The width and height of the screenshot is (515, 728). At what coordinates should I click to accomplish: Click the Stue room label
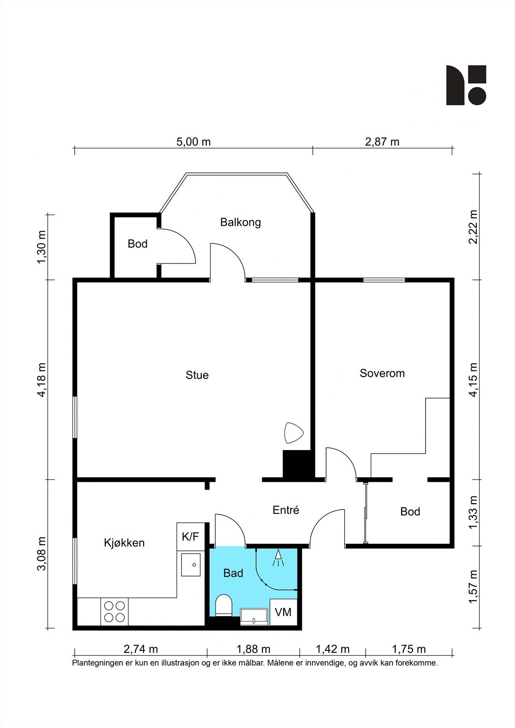click(x=197, y=375)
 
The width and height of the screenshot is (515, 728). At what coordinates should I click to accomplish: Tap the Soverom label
click(x=382, y=373)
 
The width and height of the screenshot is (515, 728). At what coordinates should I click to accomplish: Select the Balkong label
click(x=240, y=222)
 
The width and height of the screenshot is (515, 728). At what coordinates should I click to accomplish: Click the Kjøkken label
click(x=124, y=543)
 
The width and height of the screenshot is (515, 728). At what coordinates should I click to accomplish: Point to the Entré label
click(x=286, y=510)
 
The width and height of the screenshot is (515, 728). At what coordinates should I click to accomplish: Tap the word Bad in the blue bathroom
click(x=233, y=573)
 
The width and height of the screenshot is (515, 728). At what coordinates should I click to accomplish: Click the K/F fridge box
click(x=191, y=536)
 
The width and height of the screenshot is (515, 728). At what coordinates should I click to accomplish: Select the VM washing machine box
click(x=283, y=612)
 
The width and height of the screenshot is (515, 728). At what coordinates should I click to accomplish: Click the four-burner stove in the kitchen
click(x=114, y=612)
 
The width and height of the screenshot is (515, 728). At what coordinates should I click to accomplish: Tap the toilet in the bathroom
click(x=223, y=606)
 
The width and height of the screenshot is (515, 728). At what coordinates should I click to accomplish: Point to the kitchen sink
click(x=191, y=565)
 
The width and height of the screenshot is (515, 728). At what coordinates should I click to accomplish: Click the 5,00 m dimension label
click(x=194, y=142)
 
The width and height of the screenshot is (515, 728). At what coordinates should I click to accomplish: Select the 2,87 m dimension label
click(x=382, y=142)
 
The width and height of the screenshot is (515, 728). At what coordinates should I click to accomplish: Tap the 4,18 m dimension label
click(x=42, y=379)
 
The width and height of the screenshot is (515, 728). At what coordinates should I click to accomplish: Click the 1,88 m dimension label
click(x=254, y=649)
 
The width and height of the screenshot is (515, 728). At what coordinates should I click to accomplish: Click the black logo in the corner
click(x=466, y=85)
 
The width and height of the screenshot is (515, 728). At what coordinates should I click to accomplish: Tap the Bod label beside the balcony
click(x=138, y=244)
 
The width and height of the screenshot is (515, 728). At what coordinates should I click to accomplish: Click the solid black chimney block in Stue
click(x=297, y=464)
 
